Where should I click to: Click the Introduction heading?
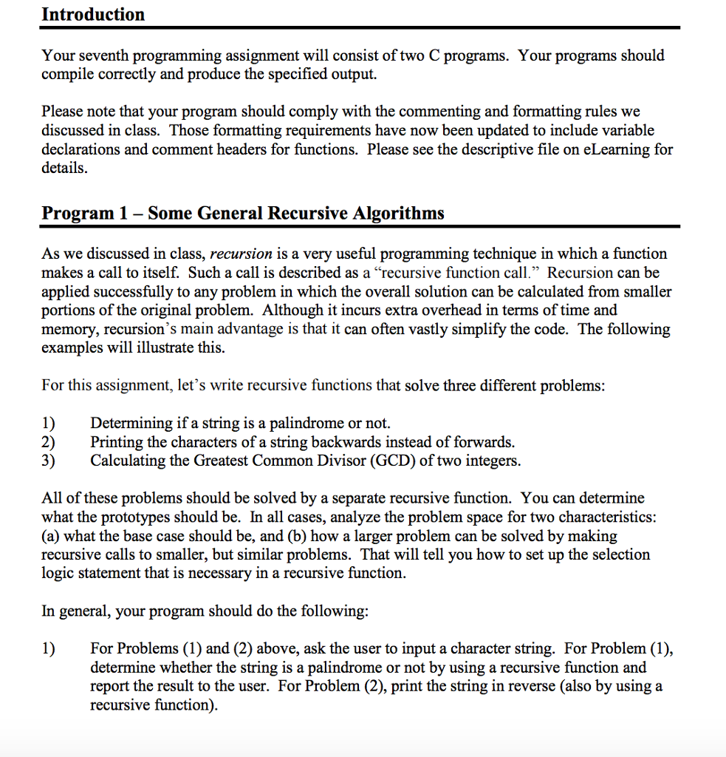93,14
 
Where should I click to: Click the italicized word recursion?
242,254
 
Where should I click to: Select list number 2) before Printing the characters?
49,442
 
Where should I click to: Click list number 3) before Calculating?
49,461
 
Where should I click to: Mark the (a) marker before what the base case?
50,536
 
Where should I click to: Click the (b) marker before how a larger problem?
307,536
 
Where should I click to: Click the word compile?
69,75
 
